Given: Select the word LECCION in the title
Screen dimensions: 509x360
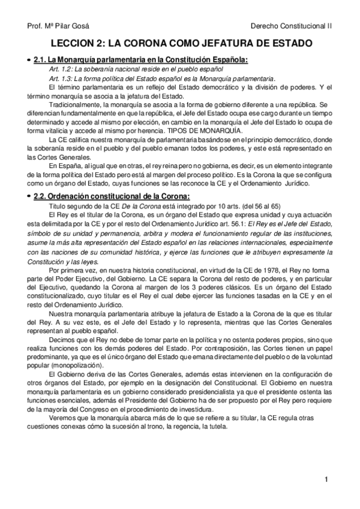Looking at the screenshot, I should click(x=74, y=44).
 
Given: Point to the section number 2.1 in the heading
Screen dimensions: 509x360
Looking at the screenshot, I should click(x=40, y=60).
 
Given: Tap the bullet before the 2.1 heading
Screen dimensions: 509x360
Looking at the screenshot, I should click(x=29, y=61).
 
